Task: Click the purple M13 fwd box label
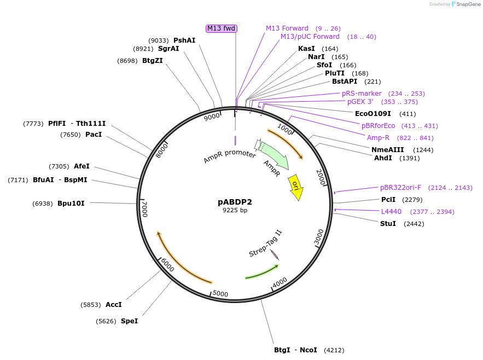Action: coord(222,28)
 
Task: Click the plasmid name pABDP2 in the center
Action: coord(235,202)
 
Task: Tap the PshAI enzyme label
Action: coord(184,40)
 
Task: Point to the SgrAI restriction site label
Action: coord(168,49)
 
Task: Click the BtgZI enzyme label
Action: coord(152,61)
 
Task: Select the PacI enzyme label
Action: coord(94,135)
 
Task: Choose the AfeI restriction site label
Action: coord(82,166)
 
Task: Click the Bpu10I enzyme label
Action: coord(71,204)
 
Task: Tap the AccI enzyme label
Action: coord(113,305)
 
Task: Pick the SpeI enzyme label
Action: coord(129,321)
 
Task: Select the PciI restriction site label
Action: coord(388,200)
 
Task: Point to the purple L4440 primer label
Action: coord(391,212)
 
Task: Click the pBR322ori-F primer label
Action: coord(400,188)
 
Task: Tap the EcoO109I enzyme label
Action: coord(373,114)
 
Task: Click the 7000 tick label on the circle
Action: coord(144,208)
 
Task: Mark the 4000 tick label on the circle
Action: coord(280,282)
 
